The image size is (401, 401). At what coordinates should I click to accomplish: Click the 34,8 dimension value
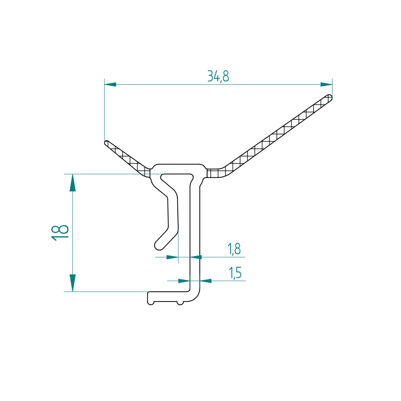tap(218, 76)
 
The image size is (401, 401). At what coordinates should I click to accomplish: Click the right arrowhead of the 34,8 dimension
tap(326, 84)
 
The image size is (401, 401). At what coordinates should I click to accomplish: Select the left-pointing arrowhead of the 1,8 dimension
tap(196, 257)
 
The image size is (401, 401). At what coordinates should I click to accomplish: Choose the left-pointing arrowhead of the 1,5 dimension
tap(206, 281)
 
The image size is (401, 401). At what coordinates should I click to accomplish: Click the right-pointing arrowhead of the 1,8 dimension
tap(172, 257)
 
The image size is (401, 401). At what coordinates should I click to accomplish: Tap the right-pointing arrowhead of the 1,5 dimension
tap(184, 281)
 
